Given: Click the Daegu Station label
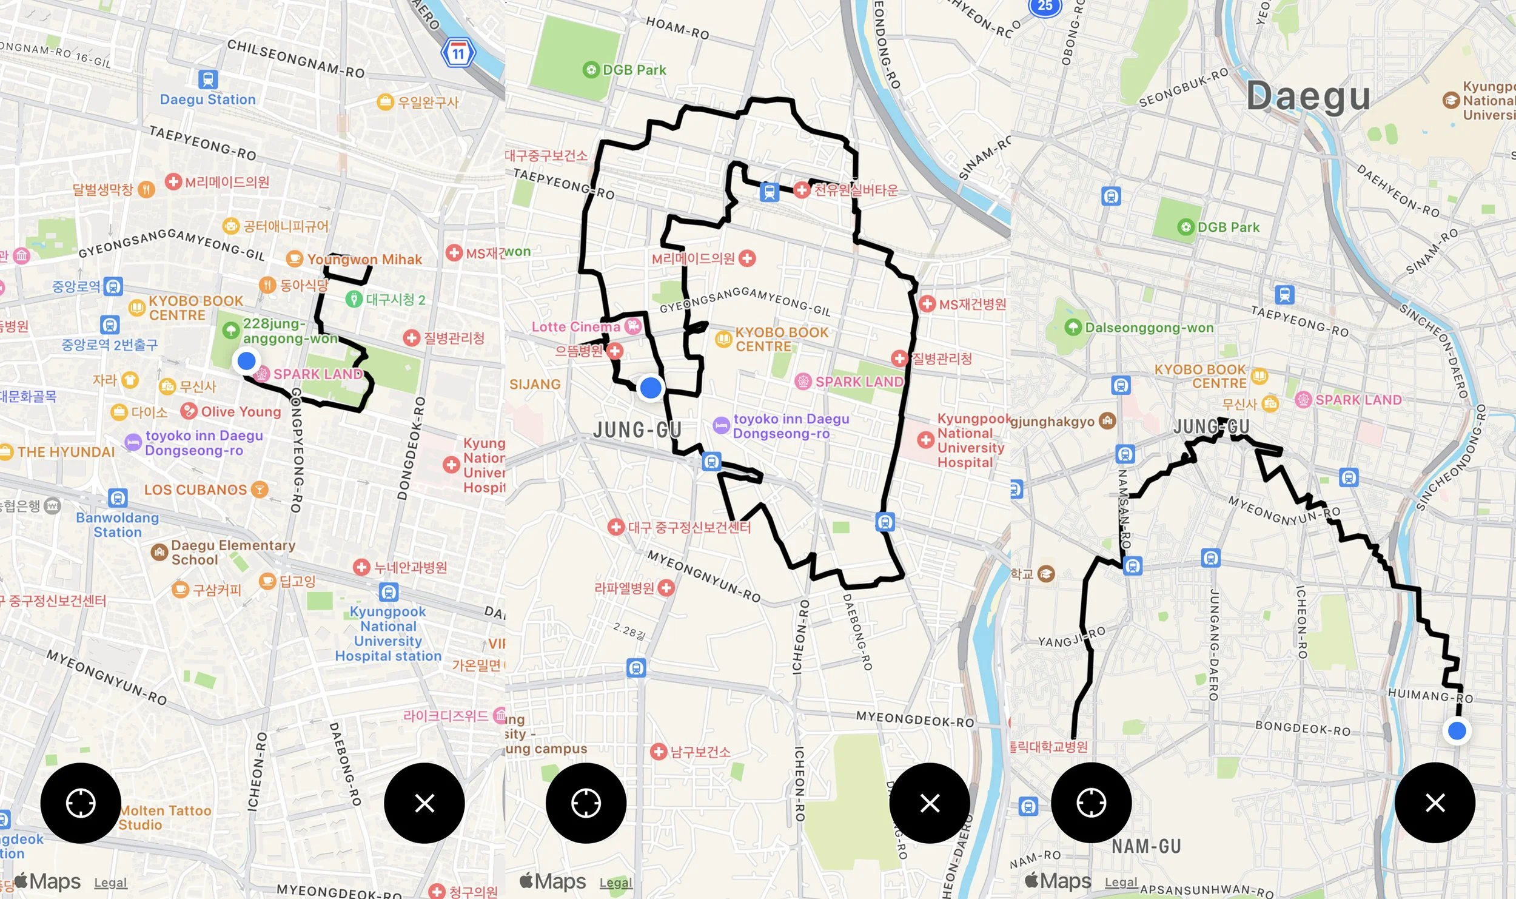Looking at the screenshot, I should (x=207, y=99).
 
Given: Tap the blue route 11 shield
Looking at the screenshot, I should (x=458, y=53).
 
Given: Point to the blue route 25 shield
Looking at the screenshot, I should (x=1045, y=6).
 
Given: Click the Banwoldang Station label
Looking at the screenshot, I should (x=117, y=525).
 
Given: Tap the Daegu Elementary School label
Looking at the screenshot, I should (x=233, y=552).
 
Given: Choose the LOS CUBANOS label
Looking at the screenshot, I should (x=195, y=490).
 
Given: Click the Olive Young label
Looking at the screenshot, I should (x=241, y=412).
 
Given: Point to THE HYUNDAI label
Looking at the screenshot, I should (x=65, y=452).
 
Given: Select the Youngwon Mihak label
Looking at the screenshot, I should (x=364, y=260).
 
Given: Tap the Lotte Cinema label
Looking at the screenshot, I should (x=575, y=327).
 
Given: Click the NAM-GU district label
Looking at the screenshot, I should (x=1146, y=846).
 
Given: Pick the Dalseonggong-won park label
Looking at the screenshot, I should (x=1149, y=328).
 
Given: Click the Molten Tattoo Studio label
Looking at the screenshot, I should (x=165, y=817).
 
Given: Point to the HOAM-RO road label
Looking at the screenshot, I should (x=677, y=28).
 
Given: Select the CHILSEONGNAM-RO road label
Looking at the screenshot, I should (x=295, y=59).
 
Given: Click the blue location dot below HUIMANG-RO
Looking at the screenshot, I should (x=1457, y=731).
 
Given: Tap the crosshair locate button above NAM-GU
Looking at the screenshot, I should (x=1091, y=803).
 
